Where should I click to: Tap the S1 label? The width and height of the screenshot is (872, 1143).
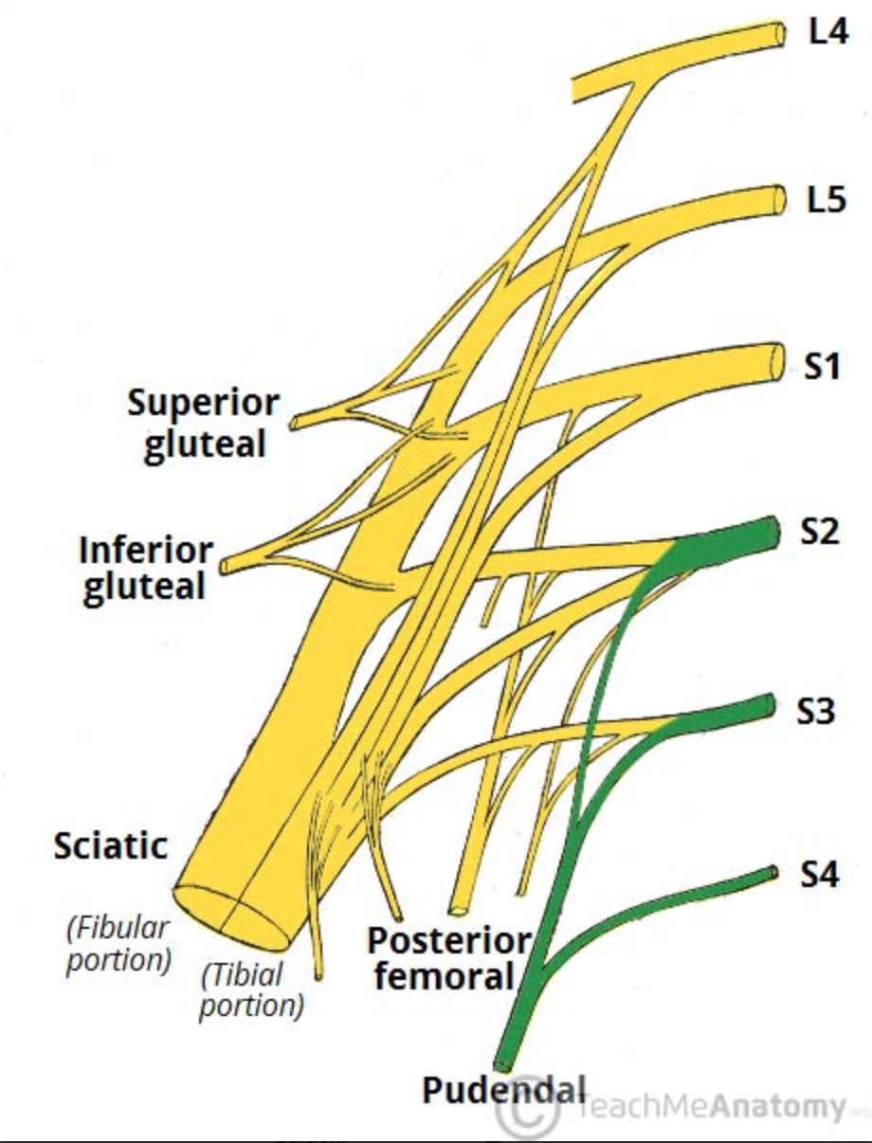coord(823,365)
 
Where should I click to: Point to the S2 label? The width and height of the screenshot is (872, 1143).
coord(822,532)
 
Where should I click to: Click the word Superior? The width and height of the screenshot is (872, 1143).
coord(203,403)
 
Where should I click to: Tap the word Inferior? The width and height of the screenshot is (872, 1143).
coord(147,549)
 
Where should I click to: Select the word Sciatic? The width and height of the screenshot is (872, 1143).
coord(111,844)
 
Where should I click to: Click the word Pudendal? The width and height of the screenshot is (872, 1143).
coord(504,1089)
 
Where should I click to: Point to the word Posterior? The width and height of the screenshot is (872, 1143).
coord(449,940)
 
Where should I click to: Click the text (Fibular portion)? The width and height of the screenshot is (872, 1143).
coord(118,942)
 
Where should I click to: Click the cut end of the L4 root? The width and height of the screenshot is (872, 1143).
coord(779,34)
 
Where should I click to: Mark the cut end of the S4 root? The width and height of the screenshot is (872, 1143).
coord(774,872)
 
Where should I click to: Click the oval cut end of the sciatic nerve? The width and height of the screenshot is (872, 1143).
coord(233,916)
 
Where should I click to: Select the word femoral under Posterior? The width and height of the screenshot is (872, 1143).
coord(444,975)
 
